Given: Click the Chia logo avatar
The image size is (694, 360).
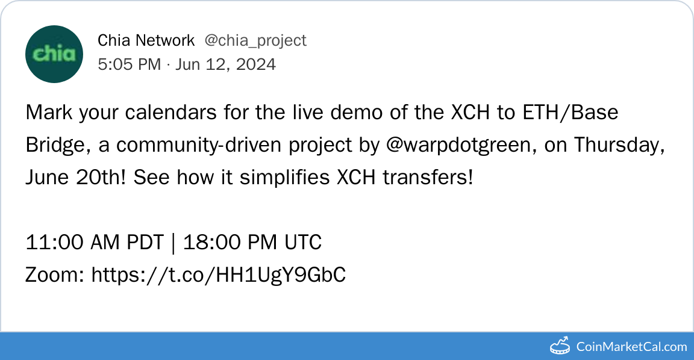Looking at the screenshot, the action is (x=54, y=54).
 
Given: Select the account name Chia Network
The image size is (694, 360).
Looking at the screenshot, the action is (x=146, y=40).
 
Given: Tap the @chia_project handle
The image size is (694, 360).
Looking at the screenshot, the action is (x=255, y=41).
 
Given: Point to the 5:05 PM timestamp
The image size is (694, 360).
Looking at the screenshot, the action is (x=130, y=64).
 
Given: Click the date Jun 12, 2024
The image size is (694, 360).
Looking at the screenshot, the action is (x=226, y=64).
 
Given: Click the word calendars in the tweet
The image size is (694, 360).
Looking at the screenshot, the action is (x=172, y=113).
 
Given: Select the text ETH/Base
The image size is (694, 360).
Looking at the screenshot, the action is (x=570, y=113).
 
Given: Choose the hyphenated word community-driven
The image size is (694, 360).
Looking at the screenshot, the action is (x=199, y=145).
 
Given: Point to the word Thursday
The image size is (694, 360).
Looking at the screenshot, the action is (x=619, y=145).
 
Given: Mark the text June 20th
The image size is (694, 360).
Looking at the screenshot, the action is (x=75, y=178).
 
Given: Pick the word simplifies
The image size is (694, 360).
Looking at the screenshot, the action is (x=284, y=178).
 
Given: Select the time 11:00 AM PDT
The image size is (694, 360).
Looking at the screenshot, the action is (x=95, y=243).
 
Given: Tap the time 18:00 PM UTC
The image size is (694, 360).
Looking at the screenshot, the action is (x=252, y=243).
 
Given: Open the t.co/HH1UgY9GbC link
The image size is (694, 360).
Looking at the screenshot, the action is (x=219, y=275).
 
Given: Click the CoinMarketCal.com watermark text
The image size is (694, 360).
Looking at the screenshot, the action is (x=631, y=346).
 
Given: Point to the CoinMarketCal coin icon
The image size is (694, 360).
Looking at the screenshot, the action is (x=560, y=346).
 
